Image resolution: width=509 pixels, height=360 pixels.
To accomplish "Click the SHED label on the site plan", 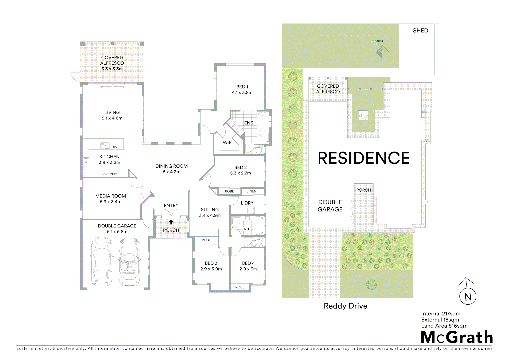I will (420, 31).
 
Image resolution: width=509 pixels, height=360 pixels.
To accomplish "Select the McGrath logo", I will (457, 337).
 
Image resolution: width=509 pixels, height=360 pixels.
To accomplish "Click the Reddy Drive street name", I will (345, 306).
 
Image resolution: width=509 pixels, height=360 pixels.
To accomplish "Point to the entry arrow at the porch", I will (171, 222).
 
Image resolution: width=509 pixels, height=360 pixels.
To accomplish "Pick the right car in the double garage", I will (129, 262).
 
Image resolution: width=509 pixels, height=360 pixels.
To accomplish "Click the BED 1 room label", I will (242, 87).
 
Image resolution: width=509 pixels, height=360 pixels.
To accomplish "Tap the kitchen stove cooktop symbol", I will (86, 161).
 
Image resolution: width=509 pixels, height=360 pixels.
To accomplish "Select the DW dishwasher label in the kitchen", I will (114, 147).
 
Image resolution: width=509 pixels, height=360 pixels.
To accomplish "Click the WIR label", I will (227, 143).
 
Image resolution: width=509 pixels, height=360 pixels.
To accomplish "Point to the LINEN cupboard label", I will (252, 191).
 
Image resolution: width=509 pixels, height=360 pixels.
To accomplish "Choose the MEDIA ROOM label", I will (111, 196).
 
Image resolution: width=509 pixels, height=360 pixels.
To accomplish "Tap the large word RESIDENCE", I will (364, 158).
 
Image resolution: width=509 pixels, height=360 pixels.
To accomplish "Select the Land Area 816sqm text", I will (444, 326).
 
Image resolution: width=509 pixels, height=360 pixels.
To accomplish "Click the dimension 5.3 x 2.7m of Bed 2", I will (240, 173).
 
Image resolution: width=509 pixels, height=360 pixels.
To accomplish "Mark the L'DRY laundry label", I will (247, 203).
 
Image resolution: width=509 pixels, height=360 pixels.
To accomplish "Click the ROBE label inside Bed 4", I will (240, 287).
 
